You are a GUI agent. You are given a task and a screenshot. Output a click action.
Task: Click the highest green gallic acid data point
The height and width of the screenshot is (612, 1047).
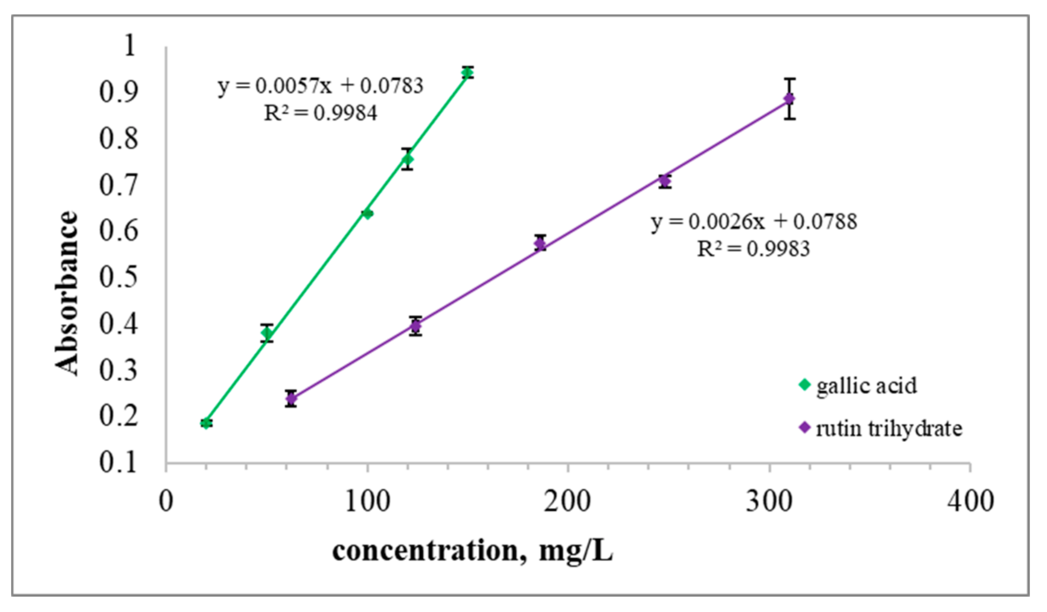(467, 72)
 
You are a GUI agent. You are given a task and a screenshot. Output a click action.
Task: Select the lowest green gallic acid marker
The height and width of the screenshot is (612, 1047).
(206, 423)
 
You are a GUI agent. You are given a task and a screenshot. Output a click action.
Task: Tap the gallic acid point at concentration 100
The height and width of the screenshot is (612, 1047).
(367, 214)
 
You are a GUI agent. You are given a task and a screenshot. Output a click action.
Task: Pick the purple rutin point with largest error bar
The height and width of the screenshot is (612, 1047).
(789, 99)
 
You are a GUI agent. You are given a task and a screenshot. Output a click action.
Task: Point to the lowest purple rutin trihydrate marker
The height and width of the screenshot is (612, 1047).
(291, 398)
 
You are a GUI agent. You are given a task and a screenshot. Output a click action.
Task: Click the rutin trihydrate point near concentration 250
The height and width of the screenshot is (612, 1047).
(664, 181)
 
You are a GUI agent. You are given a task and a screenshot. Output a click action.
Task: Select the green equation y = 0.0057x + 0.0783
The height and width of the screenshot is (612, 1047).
(320, 86)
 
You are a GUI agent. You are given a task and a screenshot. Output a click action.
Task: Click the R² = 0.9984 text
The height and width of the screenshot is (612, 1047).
(320, 113)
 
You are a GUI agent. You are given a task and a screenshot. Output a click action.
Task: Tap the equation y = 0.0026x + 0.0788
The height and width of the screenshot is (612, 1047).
(754, 222)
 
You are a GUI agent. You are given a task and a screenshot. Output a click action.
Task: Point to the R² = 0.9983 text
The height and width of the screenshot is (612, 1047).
(753, 249)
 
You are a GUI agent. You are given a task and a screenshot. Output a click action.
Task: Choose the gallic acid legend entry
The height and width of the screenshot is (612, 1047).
(858, 386)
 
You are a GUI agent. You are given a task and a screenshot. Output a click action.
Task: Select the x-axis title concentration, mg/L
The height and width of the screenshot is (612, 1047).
(472, 551)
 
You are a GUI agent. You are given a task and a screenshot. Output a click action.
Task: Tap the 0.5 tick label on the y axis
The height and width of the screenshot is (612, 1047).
(118, 277)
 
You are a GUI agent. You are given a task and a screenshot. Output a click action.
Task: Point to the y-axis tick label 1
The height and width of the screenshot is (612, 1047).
(130, 46)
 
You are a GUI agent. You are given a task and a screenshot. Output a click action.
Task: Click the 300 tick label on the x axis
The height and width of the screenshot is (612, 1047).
(769, 501)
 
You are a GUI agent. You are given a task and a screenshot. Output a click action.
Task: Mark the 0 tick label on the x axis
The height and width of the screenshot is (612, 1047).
(166, 501)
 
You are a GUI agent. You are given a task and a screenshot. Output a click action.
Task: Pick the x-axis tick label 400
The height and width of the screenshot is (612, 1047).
(970, 501)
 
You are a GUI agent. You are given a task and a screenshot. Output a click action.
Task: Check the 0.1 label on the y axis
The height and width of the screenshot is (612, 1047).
(118, 462)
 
